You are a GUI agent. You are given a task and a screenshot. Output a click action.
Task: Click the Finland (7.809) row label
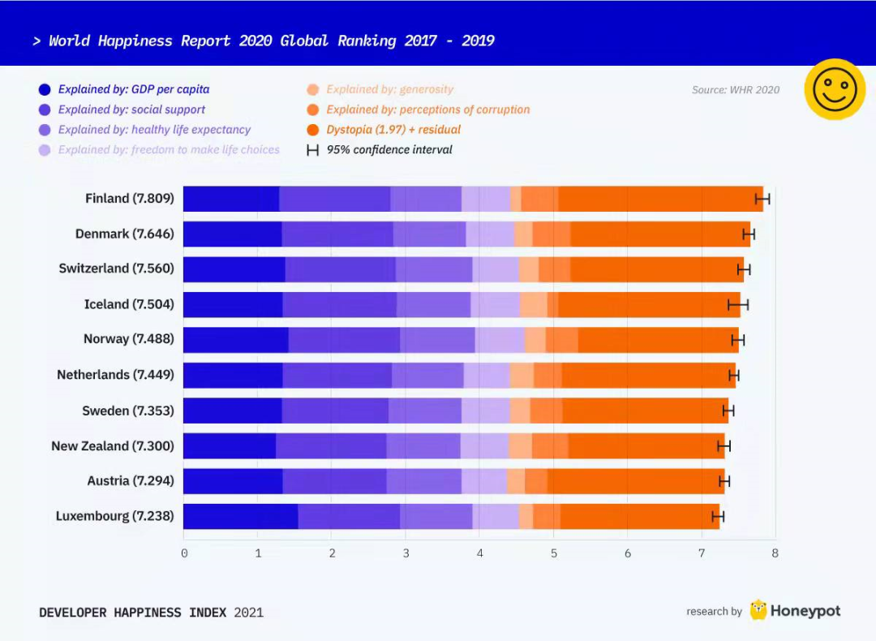click(x=130, y=199)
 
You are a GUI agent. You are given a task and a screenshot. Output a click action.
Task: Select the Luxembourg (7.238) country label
click(x=114, y=516)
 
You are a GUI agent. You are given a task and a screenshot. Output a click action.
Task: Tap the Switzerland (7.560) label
click(x=116, y=269)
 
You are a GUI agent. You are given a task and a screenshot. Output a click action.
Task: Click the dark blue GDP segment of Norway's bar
click(x=235, y=340)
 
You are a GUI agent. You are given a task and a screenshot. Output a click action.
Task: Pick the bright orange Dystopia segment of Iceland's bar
click(x=649, y=304)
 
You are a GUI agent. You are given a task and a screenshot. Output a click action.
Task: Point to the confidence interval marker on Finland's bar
click(x=762, y=199)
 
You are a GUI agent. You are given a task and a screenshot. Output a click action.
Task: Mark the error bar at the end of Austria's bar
click(x=724, y=481)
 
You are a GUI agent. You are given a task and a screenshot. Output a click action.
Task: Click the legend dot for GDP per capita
click(x=44, y=90)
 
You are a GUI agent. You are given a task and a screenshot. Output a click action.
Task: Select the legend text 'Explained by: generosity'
click(x=390, y=89)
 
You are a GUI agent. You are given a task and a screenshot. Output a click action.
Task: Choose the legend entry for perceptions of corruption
click(x=427, y=110)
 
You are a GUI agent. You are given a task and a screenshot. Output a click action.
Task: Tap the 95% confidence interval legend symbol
click(x=312, y=150)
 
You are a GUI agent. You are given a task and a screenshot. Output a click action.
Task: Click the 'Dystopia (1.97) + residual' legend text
click(x=393, y=130)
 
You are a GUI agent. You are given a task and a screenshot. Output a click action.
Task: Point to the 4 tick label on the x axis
click(x=480, y=553)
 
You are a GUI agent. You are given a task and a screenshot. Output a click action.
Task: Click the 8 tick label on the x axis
click(x=775, y=553)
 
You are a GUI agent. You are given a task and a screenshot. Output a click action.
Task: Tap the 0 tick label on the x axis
click(x=184, y=553)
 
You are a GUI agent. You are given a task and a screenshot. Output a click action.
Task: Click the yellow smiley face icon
click(x=835, y=89)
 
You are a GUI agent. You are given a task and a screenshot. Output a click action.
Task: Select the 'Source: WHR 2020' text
click(x=735, y=90)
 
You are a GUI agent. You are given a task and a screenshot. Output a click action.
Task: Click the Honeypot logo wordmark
click(x=805, y=611)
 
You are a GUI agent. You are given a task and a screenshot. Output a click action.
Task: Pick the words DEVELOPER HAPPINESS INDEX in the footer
click(x=133, y=613)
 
